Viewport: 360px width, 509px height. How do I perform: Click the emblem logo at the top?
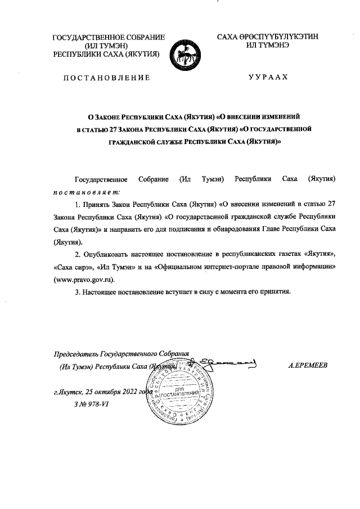(186, 52)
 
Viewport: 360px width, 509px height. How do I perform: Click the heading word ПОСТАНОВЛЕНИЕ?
(106, 77)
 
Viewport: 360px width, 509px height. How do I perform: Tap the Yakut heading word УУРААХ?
(268, 77)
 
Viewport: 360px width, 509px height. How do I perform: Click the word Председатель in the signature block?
(75, 354)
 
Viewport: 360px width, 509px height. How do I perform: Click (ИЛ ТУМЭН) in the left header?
(107, 46)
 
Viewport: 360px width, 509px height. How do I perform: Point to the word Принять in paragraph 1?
(96, 204)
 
